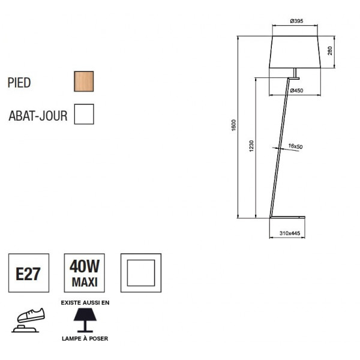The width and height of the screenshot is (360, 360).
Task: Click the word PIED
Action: click(19, 83)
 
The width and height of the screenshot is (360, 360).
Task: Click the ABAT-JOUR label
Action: click(38, 116)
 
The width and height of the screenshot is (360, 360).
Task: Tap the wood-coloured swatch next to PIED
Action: click(83, 81)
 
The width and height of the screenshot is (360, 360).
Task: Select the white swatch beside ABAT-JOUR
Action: click(84, 113)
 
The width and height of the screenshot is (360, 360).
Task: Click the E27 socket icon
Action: click(28, 274)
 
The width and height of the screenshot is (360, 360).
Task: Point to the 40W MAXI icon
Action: click(85, 274)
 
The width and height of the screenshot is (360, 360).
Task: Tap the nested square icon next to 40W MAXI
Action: click(140, 274)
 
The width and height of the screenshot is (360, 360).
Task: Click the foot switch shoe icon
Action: click(28, 320)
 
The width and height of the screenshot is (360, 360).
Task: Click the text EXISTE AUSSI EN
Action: click(85, 303)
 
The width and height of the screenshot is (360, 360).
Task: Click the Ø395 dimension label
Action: click(296, 22)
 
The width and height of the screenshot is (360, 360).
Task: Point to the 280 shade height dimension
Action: click(330, 51)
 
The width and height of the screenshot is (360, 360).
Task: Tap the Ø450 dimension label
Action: click(296, 91)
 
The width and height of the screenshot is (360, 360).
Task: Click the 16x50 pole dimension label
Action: click(295, 146)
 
